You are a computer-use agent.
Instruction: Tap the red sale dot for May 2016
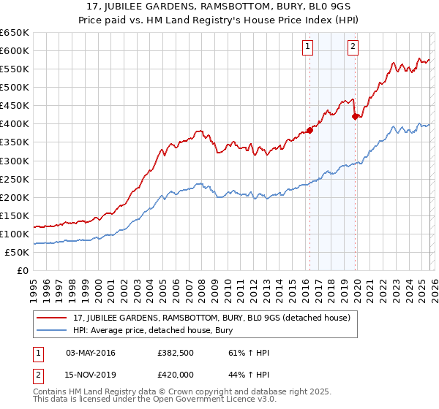[309, 130]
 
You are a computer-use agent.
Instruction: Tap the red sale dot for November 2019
[356, 116]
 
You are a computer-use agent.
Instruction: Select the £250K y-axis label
[15, 179]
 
